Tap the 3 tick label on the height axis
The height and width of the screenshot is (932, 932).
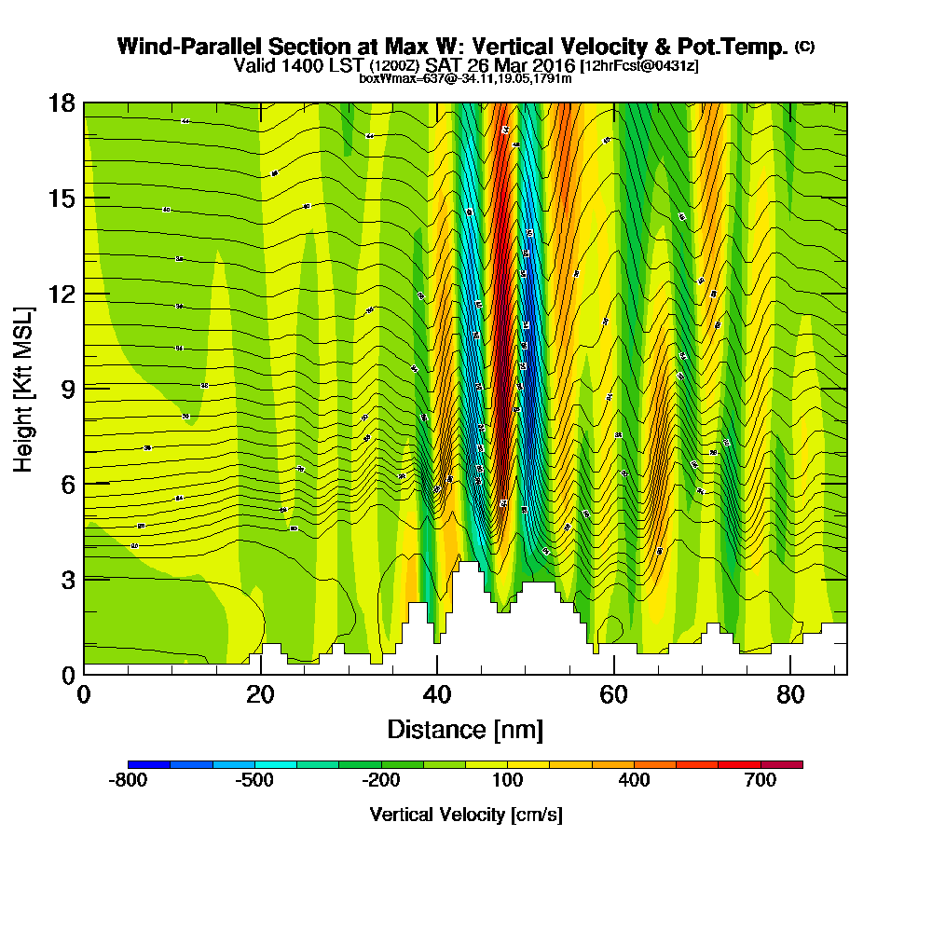tap(67, 578)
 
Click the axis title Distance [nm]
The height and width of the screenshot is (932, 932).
tap(465, 729)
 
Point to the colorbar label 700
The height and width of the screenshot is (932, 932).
tap(761, 781)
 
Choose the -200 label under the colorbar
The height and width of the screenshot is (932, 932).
tap(380, 781)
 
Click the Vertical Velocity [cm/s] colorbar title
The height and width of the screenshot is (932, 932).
tap(465, 815)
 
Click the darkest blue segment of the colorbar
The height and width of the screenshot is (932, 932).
tap(149, 764)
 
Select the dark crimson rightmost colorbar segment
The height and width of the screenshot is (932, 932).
tap(782, 764)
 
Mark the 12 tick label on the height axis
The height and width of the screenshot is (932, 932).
tap(62, 293)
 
